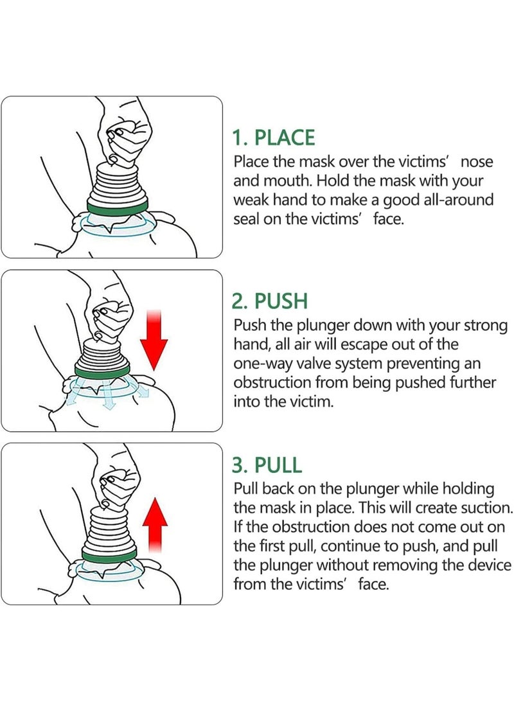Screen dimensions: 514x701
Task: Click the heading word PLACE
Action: click(x=285, y=138)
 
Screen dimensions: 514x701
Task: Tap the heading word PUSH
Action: click(x=281, y=301)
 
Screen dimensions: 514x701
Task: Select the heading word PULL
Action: click(x=278, y=465)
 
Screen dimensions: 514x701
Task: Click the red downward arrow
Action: click(x=154, y=340)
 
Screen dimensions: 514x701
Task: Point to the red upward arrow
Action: click(x=155, y=525)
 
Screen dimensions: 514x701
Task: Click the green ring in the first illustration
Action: click(x=118, y=208)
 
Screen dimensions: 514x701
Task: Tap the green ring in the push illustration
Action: click(x=102, y=372)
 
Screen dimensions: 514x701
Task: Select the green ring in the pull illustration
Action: click(x=109, y=555)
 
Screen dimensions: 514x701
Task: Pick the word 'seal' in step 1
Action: click(x=246, y=219)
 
